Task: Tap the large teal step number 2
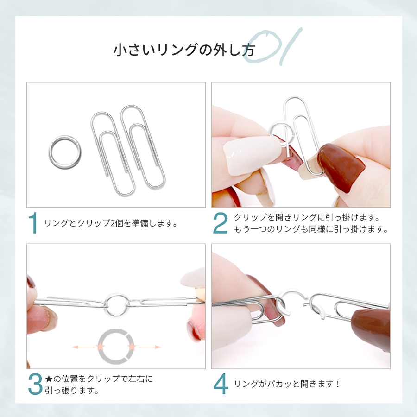click(x=221, y=223)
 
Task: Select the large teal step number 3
click(x=35, y=384)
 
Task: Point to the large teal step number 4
click(x=221, y=384)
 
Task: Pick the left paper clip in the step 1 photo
click(x=94, y=133)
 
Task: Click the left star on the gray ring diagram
click(x=101, y=347)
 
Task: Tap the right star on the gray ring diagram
click(x=132, y=347)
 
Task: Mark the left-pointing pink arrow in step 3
click(x=83, y=347)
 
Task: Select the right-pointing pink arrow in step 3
click(x=150, y=347)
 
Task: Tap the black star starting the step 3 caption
click(x=48, y=379)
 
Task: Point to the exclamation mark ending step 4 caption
click(x=338, y=384)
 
